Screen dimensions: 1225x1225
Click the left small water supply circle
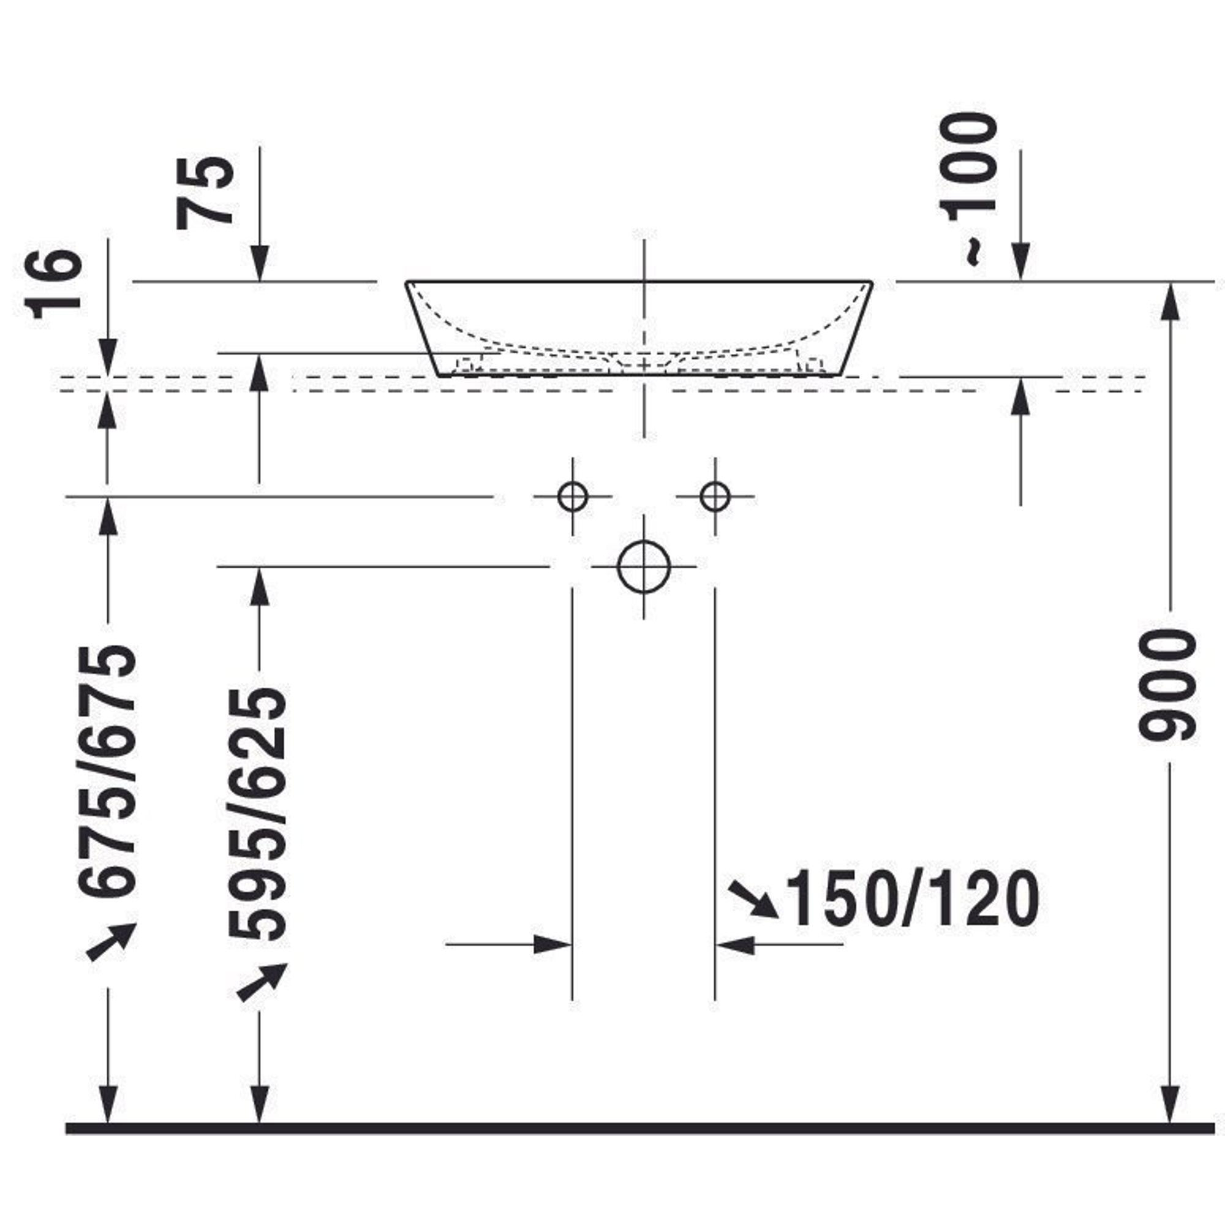point(573,497)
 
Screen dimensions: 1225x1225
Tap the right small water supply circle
point(715,497)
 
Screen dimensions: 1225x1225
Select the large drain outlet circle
point(644,567)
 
